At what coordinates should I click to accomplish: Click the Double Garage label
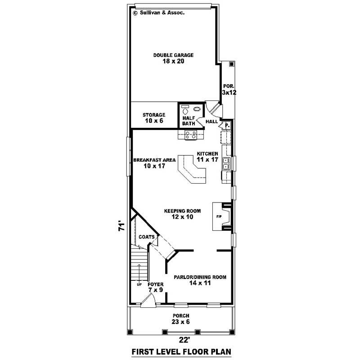[x=173, y=58]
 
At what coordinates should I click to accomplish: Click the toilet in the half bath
[x=184, y=110]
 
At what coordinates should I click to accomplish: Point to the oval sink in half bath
[x=197, y=108]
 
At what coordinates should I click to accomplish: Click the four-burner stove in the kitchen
[x=191, y=134]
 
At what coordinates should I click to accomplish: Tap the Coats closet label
[x=147, y=237]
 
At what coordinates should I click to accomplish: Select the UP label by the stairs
[x=139, y=284]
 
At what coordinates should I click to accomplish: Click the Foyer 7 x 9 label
[x=155, y=287]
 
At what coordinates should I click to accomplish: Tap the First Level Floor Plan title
[x=180, y=351]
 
